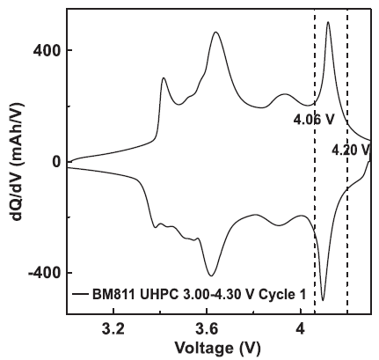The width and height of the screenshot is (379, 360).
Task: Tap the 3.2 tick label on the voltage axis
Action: click(113, 329)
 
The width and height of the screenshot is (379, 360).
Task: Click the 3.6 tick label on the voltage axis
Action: click(207, 329)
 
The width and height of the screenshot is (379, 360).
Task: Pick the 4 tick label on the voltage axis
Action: click(301, 329)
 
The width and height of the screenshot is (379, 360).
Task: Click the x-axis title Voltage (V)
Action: click(218, 349)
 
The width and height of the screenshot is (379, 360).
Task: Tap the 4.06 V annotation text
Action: click(314, 120)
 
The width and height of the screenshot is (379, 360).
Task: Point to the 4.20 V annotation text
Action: click(351, 151)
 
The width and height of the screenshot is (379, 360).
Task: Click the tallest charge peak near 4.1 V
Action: click(328, 22)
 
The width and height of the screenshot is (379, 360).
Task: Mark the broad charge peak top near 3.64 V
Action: click(216, 32)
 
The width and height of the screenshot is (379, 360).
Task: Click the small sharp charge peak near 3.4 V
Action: click(164, 78)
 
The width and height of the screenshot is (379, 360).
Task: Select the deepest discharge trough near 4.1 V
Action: click(323, 300)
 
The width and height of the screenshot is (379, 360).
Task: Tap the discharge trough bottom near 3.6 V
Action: click(211, 276)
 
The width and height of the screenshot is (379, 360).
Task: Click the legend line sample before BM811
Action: click(80, 293)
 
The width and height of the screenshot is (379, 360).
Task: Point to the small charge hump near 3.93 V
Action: click(284, 94)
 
